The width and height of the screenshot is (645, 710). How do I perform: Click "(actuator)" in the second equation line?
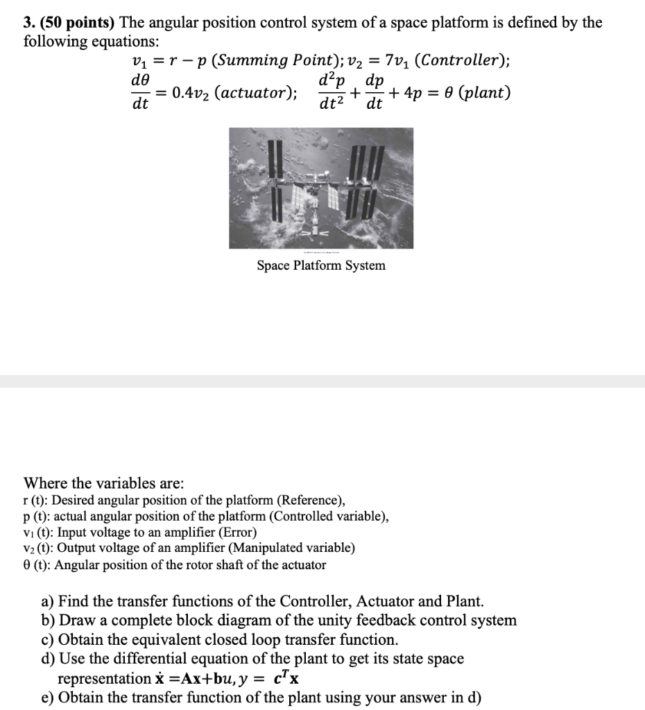257,93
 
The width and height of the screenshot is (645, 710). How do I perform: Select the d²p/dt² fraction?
333,93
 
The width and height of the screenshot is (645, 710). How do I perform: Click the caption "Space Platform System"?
321,266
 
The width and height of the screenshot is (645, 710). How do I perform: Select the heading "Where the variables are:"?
104,483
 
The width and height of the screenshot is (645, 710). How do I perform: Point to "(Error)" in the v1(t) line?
236,532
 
